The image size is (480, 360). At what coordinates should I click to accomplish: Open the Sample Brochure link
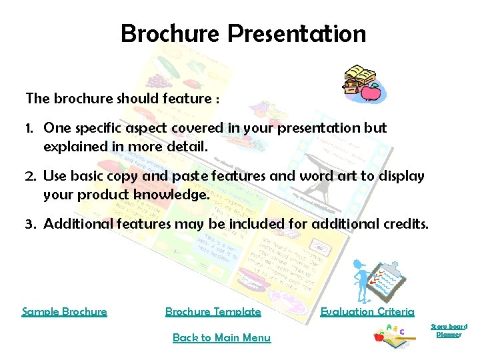[64, 311]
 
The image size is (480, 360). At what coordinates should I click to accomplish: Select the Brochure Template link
[213, 311]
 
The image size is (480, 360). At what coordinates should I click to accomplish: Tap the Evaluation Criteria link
[367, 311]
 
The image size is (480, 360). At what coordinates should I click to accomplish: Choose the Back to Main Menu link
[221, 337]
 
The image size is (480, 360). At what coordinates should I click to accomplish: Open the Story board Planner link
[449, 330]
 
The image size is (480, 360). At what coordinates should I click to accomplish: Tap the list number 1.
[30, 128]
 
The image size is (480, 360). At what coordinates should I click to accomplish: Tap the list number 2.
[31, 176]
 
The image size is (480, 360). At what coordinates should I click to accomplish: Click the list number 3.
[31, 225]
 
